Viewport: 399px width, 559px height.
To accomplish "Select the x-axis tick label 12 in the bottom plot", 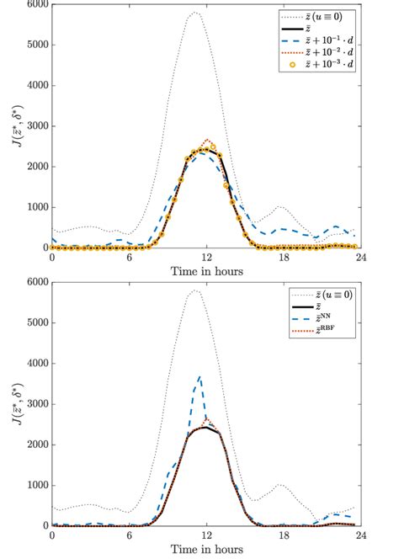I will coord(206,535).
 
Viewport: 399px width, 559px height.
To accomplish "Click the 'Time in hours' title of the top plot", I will coord(206,271).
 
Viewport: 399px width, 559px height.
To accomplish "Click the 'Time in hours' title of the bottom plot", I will coord(206,550).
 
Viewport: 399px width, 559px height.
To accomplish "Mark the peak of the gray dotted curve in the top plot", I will coord(195,13).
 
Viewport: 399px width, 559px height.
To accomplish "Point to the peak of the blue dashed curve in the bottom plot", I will coord(199,376).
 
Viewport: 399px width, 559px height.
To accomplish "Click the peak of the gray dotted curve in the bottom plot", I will coord(195,290).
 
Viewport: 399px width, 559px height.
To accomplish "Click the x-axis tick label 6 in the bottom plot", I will coord(130,535).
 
